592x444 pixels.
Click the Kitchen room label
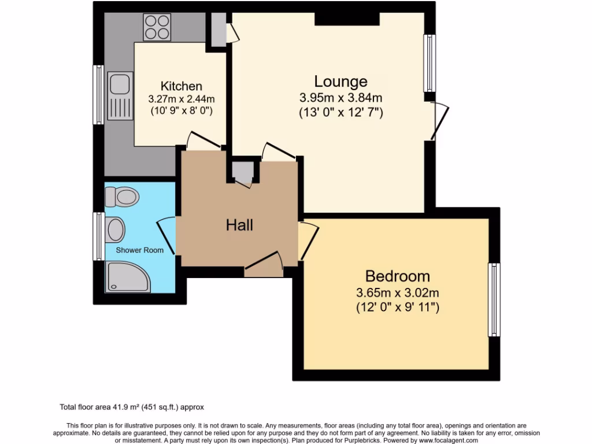coord(181,86)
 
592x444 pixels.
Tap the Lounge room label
coord(341,82)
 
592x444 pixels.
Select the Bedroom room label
coord(398,276)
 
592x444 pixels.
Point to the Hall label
coord(239,225)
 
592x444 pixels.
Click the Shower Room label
coord(139,250)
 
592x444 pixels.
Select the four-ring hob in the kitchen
coord(157,27)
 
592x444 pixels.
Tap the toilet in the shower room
coord(121,198)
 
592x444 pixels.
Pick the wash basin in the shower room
coord(116,230)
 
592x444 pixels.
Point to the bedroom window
coord(494,299)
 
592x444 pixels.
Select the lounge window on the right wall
coord(430,64)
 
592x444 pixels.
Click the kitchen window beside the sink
coord(99,94)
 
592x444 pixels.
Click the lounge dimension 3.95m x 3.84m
coord(341,97)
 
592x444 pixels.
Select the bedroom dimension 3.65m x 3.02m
coord(398,292)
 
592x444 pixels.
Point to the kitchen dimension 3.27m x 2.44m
coord(181,98)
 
